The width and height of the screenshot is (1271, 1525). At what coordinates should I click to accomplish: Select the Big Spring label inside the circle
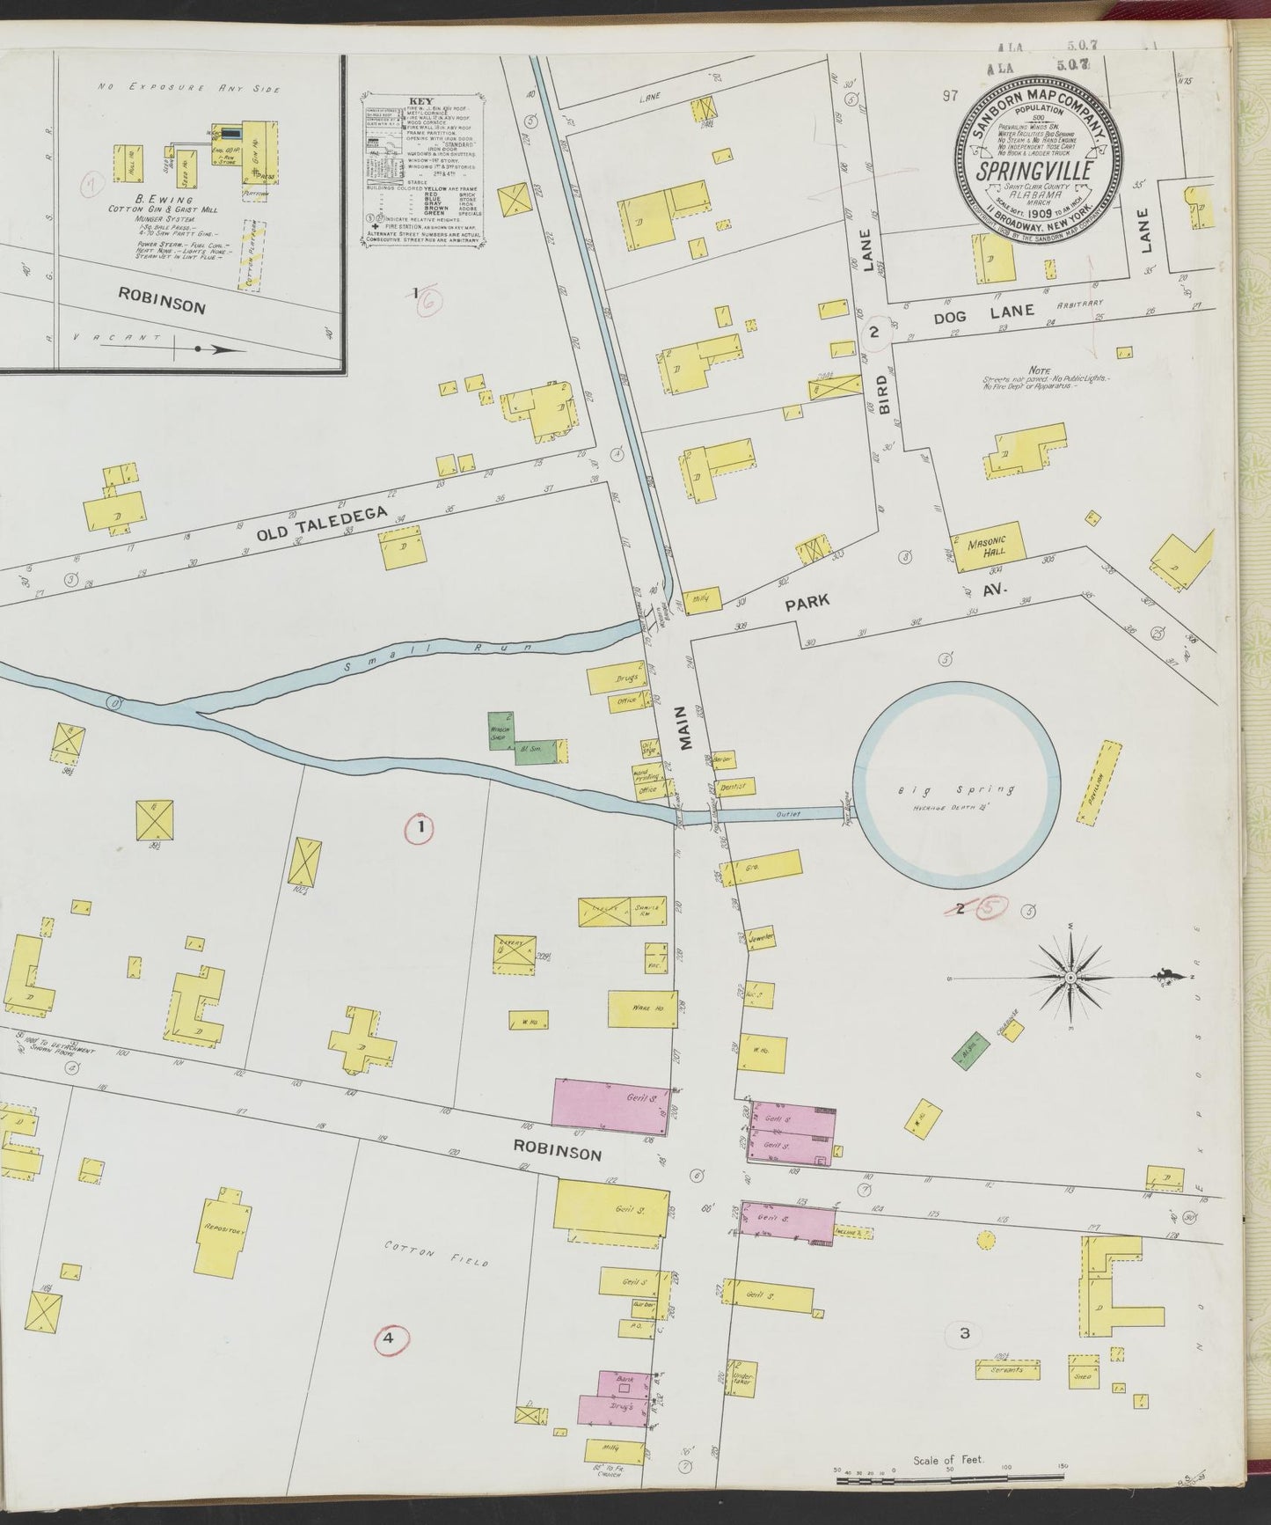coord(956,790)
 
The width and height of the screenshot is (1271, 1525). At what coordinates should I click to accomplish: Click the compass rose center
coord(1070,978)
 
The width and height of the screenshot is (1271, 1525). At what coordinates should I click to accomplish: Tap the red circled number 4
coord(386,1339)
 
